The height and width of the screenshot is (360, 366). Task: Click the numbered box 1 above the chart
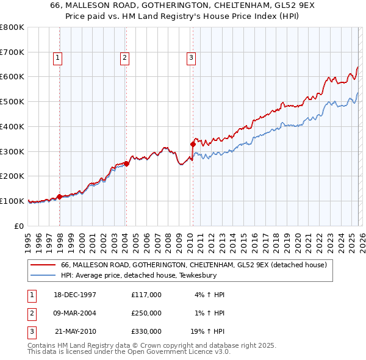[x=58, y=58]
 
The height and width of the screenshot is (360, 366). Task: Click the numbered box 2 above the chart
[x=124, y=58]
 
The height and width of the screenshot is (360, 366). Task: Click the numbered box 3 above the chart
[x=191, y=58]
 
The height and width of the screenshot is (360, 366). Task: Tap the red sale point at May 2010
[x=193, y=144]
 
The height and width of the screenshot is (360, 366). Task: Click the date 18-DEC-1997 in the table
[x=75, y=295]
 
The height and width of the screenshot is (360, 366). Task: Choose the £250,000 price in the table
[x=146, y=313]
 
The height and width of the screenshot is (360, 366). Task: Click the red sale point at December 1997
[x=60, y=196]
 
